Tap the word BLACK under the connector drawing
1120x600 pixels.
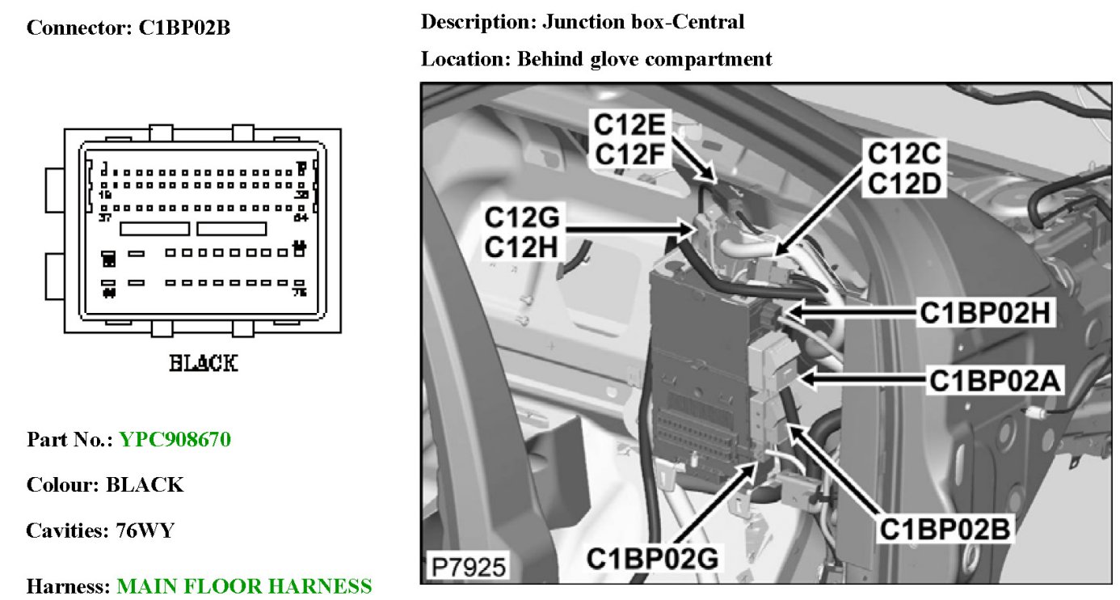[x=203, y=364]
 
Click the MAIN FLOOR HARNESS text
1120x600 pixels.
[x=244, y=586]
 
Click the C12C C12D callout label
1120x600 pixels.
[x=904, y=167]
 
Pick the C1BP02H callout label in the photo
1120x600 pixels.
[x=987, y=312]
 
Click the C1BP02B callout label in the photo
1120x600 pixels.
[x=948, y=530]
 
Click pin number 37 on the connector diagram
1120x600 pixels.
[x=103, y=218]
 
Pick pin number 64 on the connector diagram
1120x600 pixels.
[x=301, y=218]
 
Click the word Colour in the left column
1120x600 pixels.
[x=61, y=485]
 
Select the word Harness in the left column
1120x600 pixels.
[x=66, y=586]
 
